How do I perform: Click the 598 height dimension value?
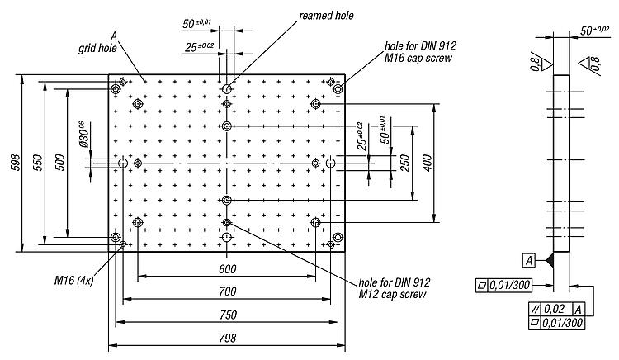pos(16,162)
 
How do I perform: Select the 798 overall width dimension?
pos(228,339)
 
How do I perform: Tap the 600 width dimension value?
pos(228,269)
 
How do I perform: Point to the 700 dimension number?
pos(228,291)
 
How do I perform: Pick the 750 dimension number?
pos(228,315)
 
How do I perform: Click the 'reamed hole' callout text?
pos(326,16)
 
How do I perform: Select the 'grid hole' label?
pos(97,48)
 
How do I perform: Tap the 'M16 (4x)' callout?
pos(73,281)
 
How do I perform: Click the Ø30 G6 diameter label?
pos(83,135)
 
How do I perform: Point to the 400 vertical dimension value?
pos(428,163)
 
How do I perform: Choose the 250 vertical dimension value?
pos(405,163)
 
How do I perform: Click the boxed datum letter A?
pos(529,261)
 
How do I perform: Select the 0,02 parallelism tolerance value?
pos(555,309)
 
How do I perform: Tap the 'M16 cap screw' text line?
pos(418,59)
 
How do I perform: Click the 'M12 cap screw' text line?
pos(392,295)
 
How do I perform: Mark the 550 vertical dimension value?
pos(37,162)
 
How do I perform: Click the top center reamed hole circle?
pos(226,89)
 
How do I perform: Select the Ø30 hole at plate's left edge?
pos(123,163)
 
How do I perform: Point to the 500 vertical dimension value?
pos(59,162)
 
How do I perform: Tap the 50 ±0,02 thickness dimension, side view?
pos(594,31)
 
